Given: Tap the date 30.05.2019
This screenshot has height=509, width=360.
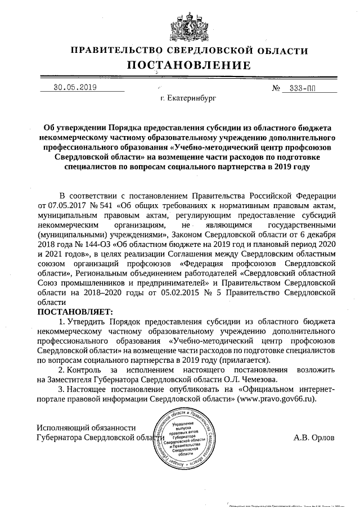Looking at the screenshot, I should [x=75, y=87].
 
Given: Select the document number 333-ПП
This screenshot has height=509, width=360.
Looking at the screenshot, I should [x=303, y=89].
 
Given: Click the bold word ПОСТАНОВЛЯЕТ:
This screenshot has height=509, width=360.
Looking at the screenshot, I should [x=75, y=311].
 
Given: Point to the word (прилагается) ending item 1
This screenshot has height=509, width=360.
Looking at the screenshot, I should [x=245, y=359].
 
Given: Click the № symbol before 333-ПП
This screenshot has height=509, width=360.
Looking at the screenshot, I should [x=276, y=89].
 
